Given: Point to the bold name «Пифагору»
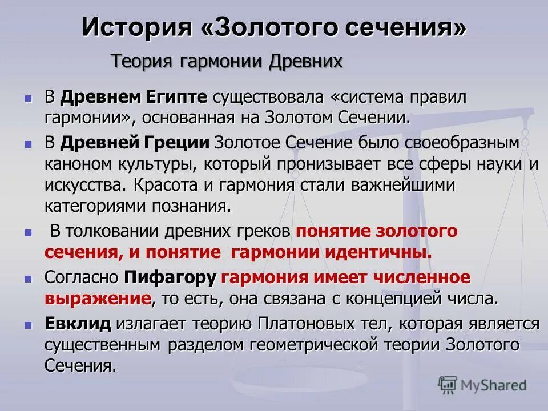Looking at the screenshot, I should click(171, 277).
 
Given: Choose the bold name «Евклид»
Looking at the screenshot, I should click(78, 324).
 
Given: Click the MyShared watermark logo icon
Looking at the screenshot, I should click(448, 385).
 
